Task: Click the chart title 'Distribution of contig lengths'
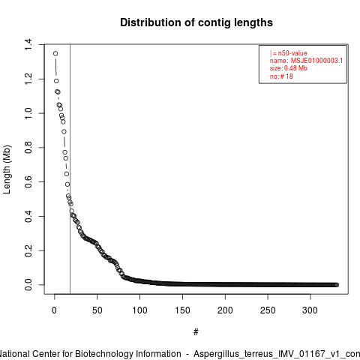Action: tap(196, 22)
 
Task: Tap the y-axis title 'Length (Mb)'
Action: tap(7, 169)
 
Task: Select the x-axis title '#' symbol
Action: tap(196, 332)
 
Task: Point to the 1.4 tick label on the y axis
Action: tap(28, 44)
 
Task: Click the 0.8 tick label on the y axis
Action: tap(28, 148)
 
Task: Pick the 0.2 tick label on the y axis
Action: tap(28, 250)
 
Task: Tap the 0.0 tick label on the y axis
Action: tap(28, 285)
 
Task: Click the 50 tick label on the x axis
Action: tap(97, 310)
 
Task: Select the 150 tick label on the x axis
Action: tap(182, 310)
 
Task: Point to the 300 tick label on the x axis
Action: tap(310, 310)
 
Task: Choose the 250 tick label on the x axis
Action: tap(268, 310)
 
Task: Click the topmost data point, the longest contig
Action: tap(55, 53)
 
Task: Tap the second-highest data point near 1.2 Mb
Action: tap(56, 81)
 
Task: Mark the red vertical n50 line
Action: tap(70, 169)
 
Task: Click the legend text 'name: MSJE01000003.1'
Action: tap(306, 61)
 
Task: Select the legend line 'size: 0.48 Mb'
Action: tap(289, 68)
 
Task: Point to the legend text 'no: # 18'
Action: tap(281, 76)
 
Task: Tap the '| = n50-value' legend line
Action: tap(289, 53)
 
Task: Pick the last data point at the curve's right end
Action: tap(337, 285)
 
